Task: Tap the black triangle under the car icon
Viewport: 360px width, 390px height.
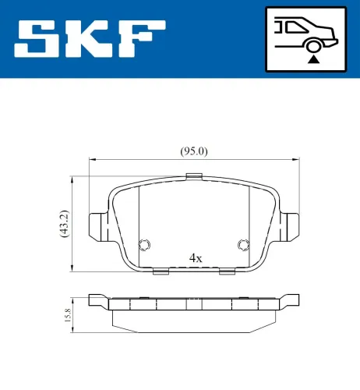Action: [313, 58]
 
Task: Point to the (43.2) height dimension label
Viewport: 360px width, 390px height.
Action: [65, 223]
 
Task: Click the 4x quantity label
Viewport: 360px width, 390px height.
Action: [196, 257]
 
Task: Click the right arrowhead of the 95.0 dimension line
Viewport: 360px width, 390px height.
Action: [297, 160]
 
